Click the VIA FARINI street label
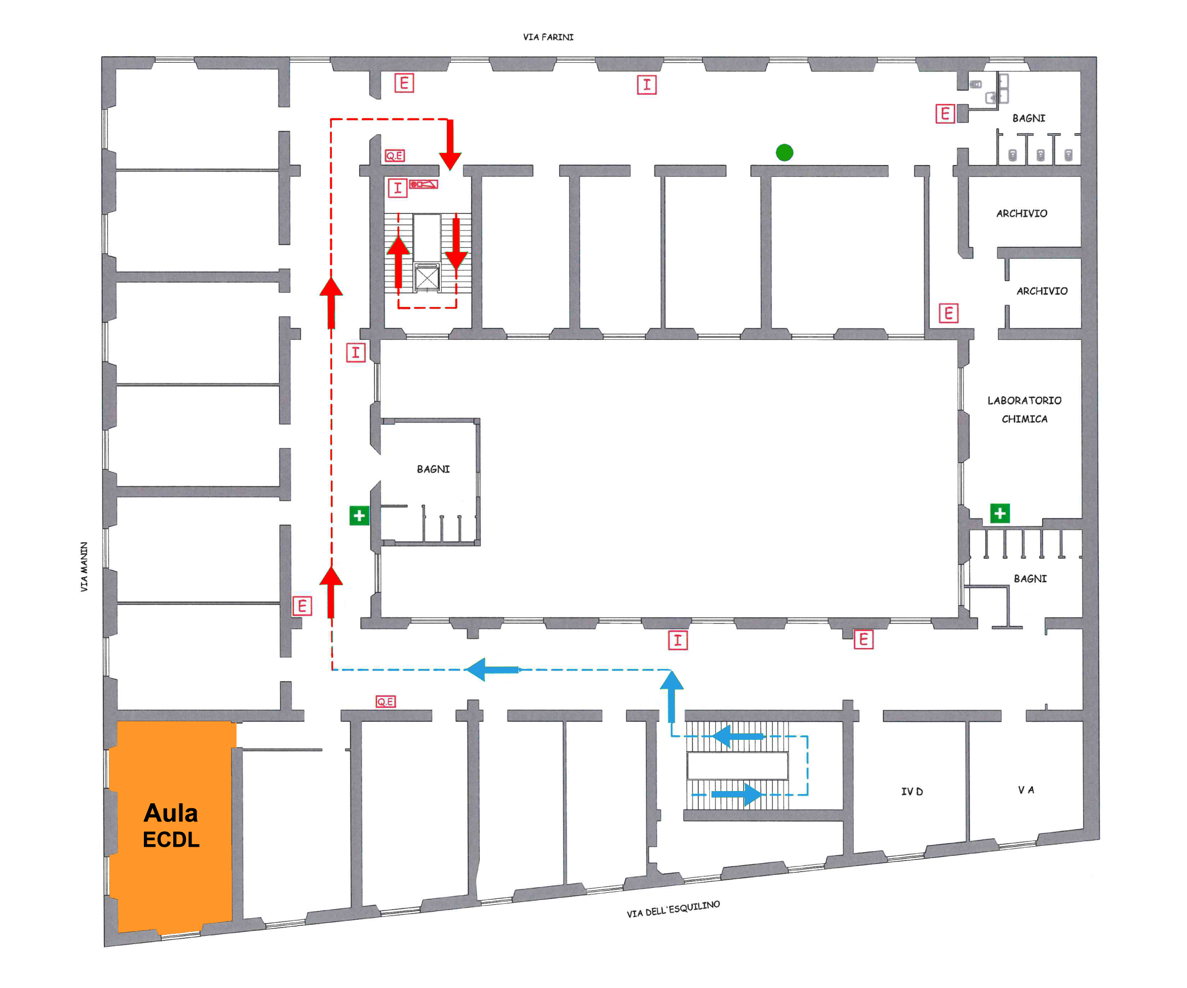pyautogui.click(x=548, y=37)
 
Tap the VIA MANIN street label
pyautogui.click(x=84, y=567)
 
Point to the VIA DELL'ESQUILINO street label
pyautogui.click(x=673, y=909)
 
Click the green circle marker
pyautogui.click(x=785, y=152)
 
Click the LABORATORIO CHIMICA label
pyautogui.click(x=1024, y=410)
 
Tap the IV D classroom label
pyautogui.click(x=912, y=792)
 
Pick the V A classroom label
pyautogui.click(x=1026, y=789)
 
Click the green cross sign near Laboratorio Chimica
pyautogui.click(x=1000, y=513)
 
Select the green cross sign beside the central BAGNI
pyautogui.click(x=359, y=515)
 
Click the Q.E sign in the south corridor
pyautogui.click(x=386, y=701)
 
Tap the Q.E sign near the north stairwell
pyautogui.click(x=395, y=155)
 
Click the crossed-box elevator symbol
pyautogui.click(x=427, y=278)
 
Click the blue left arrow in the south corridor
pyautogui.click(x=492, y=669)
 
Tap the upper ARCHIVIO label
pyautogui.click(x=1021, y=214)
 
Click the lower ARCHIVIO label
pyautogui.click(x=1042, y=291)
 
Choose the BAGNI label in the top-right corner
pyautogui.click(x=1029, y=118)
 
